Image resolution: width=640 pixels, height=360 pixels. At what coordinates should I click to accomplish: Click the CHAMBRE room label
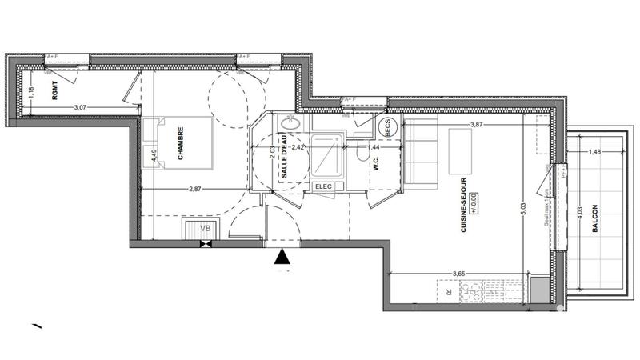(x=181, y=144)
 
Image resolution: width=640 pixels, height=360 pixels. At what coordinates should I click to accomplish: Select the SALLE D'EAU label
(x=283, y=165)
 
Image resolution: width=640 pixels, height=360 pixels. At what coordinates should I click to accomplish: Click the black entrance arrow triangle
(x=282, y=257)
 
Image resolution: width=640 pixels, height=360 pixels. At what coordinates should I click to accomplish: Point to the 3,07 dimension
(x=81, y=106)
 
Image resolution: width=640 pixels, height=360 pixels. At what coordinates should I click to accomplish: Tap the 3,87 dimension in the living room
(x=478, y=125)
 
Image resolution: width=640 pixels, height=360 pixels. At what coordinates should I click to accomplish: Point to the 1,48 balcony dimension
(x=594, y=151)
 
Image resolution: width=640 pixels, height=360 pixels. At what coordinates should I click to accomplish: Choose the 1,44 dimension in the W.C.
(x=372, y=148)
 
